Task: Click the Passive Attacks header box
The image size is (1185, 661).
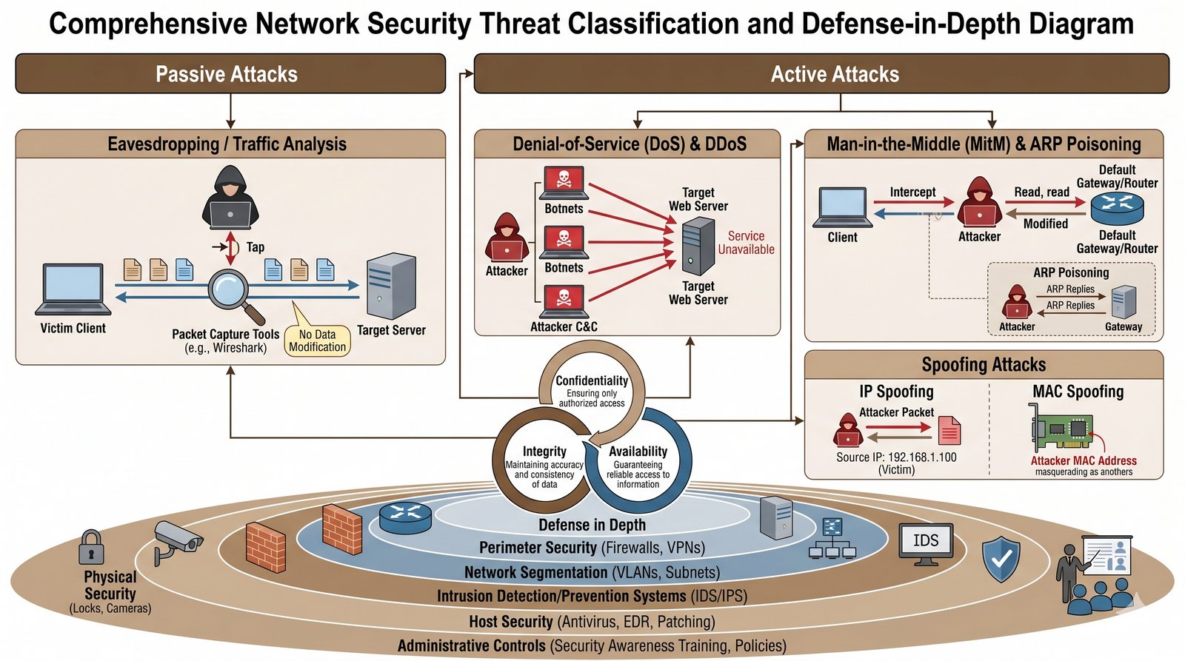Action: click(x=230, y=74)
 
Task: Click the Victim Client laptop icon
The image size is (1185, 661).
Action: click(x=73, y=289)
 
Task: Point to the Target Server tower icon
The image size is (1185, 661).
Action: click(x=391, y=286)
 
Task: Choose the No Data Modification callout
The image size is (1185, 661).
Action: click(x=317, y=340)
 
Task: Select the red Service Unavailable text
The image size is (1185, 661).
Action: click(x=746, y=243)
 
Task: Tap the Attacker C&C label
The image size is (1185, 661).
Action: click(x=564, y=326)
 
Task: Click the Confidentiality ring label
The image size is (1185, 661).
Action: click(x=592, y=380)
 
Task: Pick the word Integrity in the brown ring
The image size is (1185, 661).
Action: click(x=544, y=451)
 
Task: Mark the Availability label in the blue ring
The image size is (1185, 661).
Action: click(x=638, y=451)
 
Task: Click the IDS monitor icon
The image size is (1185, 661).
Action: click(x=926, y=543)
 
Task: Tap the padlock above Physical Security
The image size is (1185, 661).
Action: click(x=92, y=548)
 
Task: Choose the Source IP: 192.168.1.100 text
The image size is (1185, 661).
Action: click(x=896, y=457)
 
